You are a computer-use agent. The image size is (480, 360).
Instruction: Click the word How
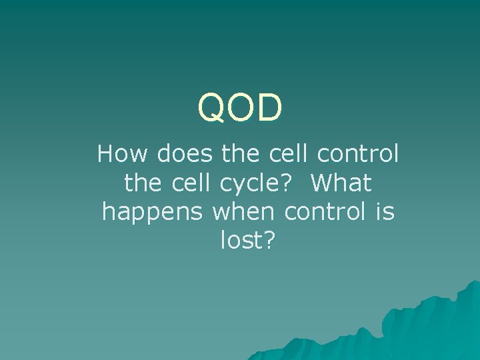click(124, 155)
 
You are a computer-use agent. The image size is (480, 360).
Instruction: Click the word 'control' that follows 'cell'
click(358, 155)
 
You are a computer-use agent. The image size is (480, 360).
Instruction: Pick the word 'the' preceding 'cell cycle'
click(143, 183)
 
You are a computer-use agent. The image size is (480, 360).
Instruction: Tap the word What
click(341, 183)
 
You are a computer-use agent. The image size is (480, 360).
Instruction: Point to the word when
click(244, 212)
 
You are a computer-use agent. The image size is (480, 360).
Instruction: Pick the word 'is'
click(385, 212)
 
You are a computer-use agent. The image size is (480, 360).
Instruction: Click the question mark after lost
click(269, 241)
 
